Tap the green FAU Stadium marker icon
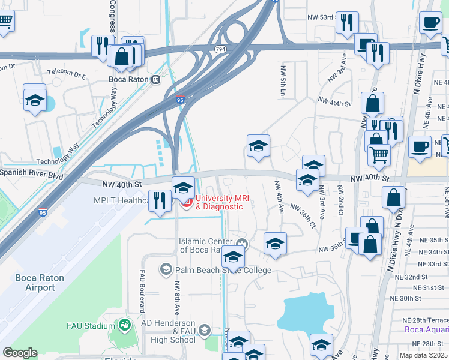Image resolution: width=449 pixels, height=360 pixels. click(125, 325)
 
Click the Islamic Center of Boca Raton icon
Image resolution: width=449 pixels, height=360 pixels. click(242, 243)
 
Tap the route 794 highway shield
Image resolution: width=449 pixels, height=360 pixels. click(221, 49)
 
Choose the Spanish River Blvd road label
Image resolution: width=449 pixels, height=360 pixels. click(31, 172)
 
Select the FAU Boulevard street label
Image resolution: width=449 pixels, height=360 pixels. click(142, 290)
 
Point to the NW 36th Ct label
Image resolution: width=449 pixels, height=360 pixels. click(303, 216)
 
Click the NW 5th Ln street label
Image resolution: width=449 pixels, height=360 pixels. click(282, 81)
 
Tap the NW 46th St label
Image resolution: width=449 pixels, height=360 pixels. click(334, 103)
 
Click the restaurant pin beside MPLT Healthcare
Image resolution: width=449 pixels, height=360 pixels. click(159, 200)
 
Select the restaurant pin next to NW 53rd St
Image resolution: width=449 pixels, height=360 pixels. click(347, 23)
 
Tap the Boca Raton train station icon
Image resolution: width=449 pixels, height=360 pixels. click(156, 79)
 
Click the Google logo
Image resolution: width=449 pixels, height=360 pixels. click(20, 353)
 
